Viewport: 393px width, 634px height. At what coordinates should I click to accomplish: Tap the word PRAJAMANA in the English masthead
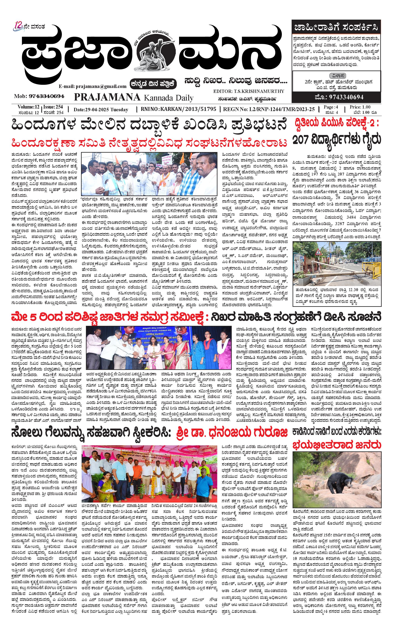point(107,97)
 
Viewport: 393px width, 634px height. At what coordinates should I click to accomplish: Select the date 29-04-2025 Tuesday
point(101,110)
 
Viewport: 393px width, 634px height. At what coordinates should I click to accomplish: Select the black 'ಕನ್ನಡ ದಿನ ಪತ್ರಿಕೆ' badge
point(154,83)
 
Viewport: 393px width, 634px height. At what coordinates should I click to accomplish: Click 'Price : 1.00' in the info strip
point(360,107)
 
